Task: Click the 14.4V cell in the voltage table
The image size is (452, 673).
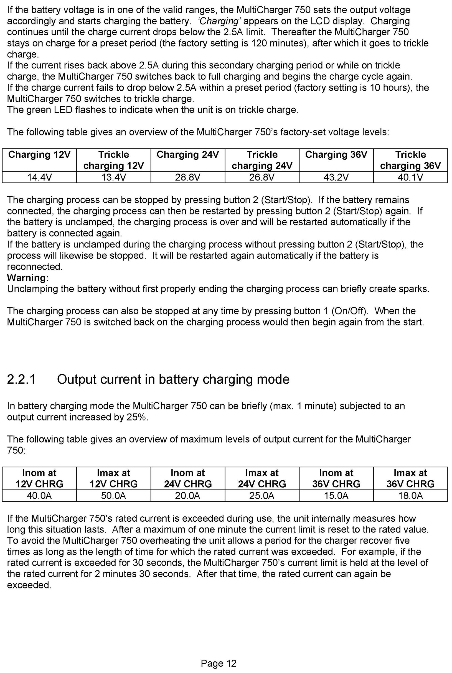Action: pos(39,177)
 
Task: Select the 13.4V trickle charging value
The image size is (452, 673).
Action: pos(114,177)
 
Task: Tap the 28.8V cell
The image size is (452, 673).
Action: pos(188,177)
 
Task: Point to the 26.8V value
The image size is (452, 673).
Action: pos(262,177)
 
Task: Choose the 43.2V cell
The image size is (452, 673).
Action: pos(336,177)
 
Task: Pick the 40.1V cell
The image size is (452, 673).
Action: pos(410,177)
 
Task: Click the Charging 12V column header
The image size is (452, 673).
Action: pos(39,155)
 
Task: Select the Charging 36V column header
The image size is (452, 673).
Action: pos(336,155)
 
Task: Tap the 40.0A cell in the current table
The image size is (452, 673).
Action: pos(39,496)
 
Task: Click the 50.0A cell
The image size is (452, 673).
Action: pos(114,496)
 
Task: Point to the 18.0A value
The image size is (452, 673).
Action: pos(410,496)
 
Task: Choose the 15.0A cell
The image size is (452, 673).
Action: pos(336,496)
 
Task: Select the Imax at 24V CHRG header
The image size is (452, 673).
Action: pos(262,478)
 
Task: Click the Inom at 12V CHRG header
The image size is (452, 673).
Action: pos(39,478)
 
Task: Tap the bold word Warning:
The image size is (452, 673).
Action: pos(28,278)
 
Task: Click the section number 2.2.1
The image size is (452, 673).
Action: pos(21,379)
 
